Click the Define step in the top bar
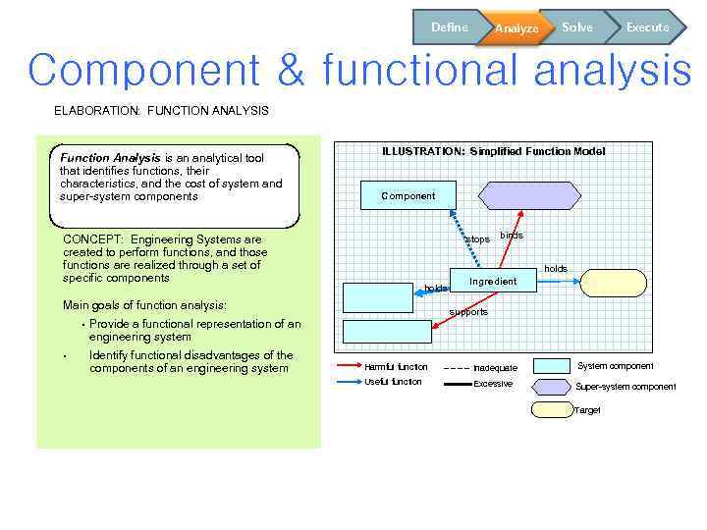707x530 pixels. (448, 27)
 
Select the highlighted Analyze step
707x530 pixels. (516, 28)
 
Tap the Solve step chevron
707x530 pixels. (577, 27)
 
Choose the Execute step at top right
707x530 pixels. (647, 27)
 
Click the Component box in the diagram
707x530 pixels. (408, 195)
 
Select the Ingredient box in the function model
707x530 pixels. (492, 282)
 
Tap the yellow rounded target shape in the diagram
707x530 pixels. (614, 284)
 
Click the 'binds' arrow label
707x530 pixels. (512, 236)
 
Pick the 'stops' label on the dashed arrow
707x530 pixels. (477, 239)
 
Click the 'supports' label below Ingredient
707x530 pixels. (468, 312)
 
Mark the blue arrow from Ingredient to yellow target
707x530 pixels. (558, 282)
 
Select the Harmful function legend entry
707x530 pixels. (396, 367)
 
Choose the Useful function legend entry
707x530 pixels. (393, 382)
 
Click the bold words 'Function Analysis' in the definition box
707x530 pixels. (110, 157)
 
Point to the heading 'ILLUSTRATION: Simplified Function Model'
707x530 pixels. (493, 151)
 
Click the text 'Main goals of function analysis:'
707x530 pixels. (144, 305)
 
